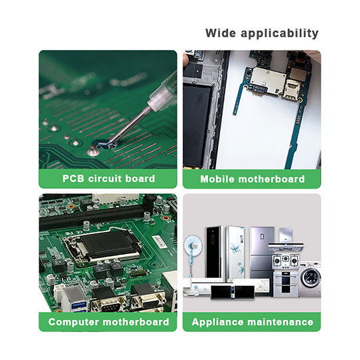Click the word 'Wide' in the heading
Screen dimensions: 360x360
(221, 33)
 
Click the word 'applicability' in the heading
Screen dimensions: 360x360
(279, 33)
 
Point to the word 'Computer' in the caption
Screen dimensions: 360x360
(74, 322)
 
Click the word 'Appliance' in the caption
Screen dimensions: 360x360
(217, 322)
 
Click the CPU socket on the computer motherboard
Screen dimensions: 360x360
(103, 247)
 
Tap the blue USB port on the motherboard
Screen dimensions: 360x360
(79, 307)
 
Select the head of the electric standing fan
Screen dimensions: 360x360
(193, 245)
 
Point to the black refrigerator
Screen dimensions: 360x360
(214, 251)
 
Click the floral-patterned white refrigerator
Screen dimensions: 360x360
(235, 252)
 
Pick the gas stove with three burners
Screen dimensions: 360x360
(285, 261)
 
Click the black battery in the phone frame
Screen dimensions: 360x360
(197, 126)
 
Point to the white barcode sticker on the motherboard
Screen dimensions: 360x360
(161, 241)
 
